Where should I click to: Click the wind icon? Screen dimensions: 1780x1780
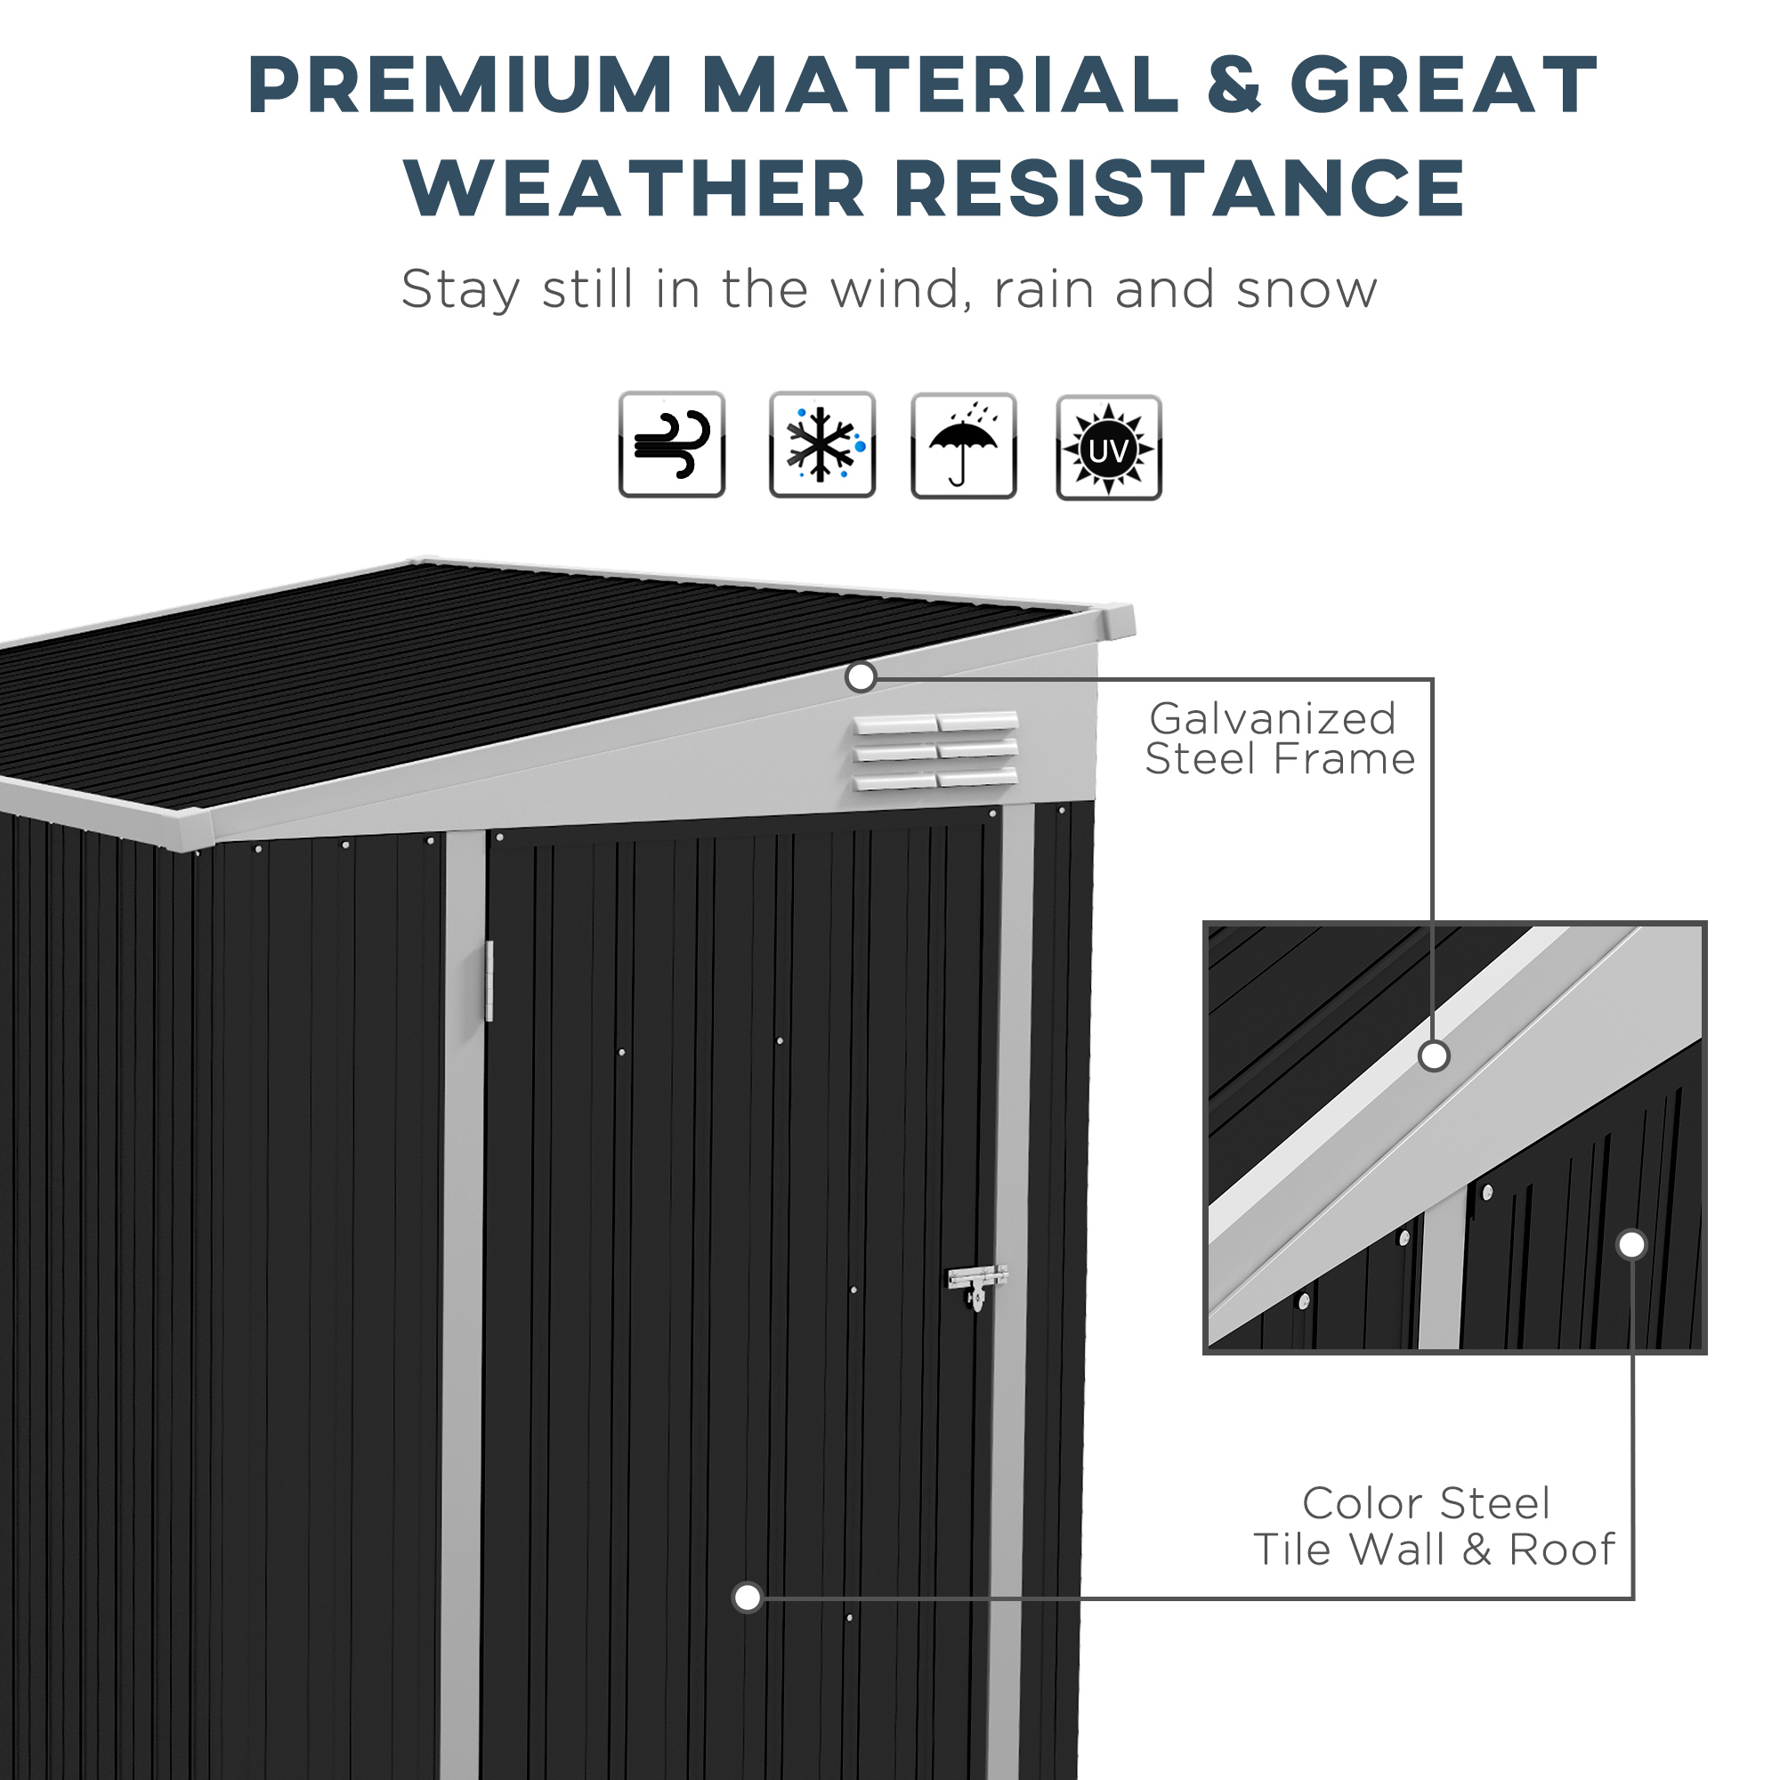(672, 444)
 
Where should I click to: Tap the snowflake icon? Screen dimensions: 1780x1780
(821, 444)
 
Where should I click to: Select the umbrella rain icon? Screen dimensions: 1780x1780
(963, 446)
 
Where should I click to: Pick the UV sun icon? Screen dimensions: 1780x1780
(1108, 448)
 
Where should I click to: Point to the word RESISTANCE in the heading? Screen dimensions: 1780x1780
(1179, 188)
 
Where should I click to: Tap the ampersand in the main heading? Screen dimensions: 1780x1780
(1234, 85)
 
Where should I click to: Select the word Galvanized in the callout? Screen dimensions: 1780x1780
(1273, 718)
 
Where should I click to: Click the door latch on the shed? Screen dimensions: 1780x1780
(976, 1282)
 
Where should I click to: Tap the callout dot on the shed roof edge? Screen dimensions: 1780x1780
(861, 677)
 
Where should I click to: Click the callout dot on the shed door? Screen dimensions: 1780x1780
(748, 1598)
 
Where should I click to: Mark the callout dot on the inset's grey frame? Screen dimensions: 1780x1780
(1434, 1056)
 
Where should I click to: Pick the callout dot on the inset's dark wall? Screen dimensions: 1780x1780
(1631, 1245)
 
